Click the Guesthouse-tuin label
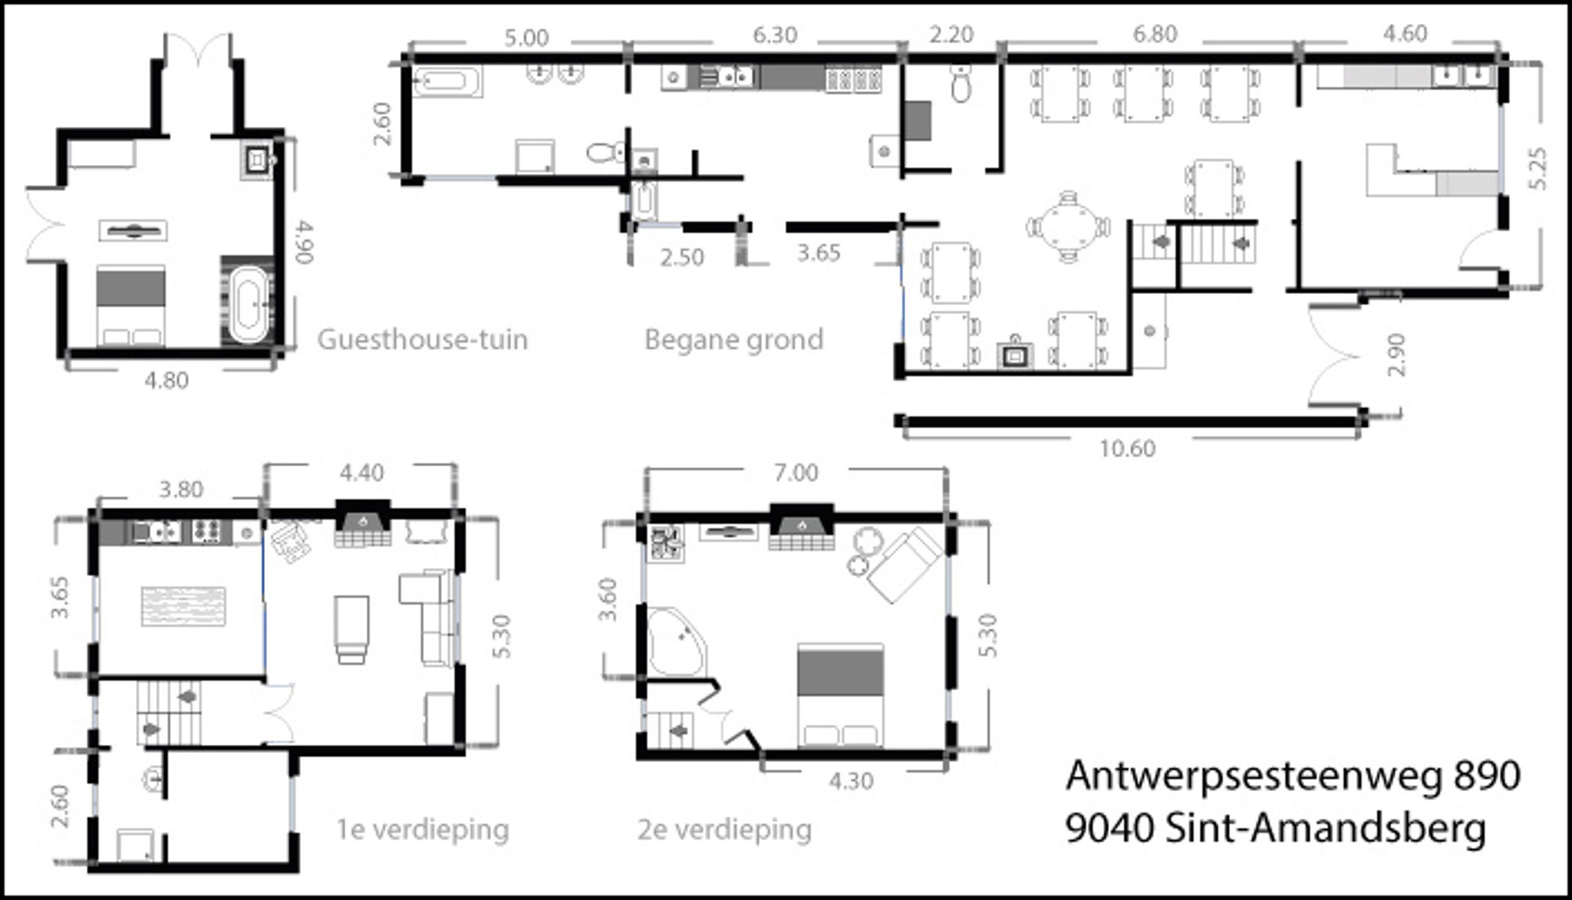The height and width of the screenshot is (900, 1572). coord(422,340)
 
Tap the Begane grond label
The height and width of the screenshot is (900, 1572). coord(734,340)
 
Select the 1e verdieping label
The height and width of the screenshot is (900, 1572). coord(422,830)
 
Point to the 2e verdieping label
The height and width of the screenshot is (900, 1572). coord(725,830)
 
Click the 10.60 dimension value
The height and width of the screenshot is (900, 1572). coord(1127,448)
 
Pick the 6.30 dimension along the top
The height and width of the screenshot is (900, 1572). coord(775,34)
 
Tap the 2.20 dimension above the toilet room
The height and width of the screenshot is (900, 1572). coord(951,34)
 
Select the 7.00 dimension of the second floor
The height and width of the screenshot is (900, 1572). coord(796,472)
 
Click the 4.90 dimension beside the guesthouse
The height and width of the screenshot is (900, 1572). coord(303,241)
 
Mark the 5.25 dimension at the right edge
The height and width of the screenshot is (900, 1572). coord(1537,169)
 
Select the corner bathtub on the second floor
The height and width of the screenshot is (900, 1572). coord(677,640)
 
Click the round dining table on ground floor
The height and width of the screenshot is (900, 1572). coord(1068,226)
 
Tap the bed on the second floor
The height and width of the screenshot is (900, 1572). coord(840,695)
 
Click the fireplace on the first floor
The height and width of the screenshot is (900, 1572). coord(362,525)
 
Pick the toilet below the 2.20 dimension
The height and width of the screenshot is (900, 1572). coord(960,82)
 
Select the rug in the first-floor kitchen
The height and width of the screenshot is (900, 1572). coord(184,606)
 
